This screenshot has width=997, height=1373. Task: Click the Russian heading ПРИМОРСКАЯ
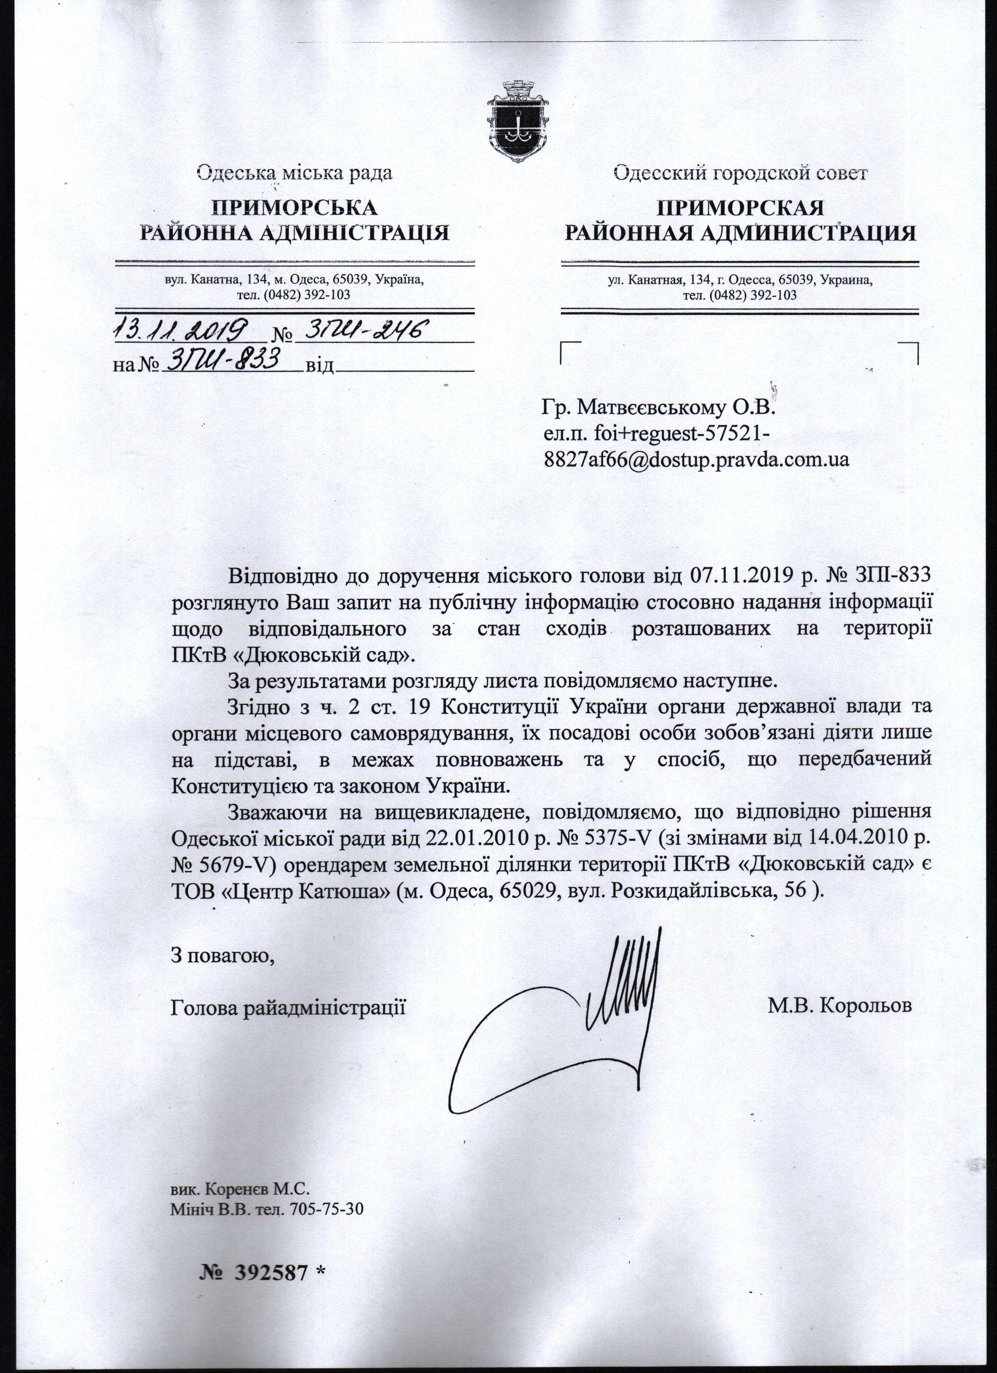pos(741,208)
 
